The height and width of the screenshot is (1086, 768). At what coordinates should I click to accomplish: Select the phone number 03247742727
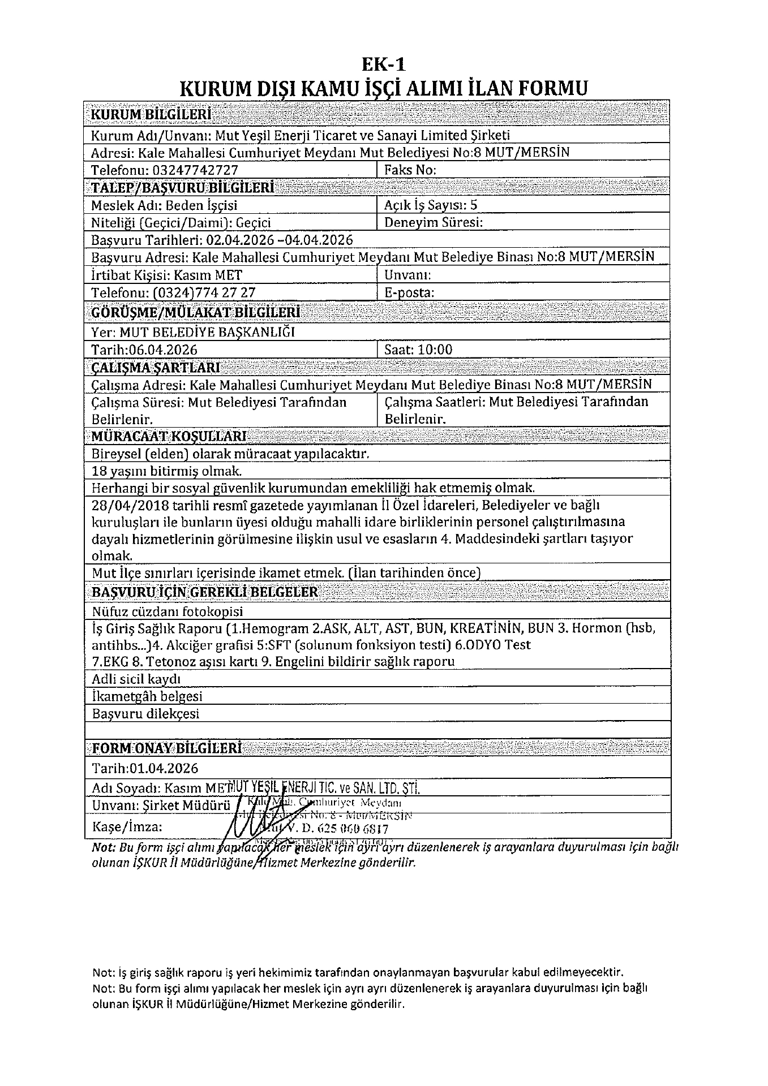[194, 170]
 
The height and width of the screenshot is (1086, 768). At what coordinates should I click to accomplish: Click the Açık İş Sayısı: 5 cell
[431, 205]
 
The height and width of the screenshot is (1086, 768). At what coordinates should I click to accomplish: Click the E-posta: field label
[409, 292]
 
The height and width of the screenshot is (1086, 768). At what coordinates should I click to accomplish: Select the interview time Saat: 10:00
[418, 350]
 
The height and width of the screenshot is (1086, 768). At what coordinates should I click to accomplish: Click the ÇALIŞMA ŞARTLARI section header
[156, 368]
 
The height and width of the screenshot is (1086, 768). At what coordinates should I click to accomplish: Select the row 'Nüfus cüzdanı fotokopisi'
[167, 611]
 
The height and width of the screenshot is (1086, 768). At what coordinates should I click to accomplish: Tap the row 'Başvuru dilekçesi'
[145, 714]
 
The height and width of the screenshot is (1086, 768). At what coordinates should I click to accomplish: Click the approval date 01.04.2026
[164, 768]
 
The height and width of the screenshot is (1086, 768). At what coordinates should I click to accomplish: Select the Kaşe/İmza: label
[127, 826]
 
